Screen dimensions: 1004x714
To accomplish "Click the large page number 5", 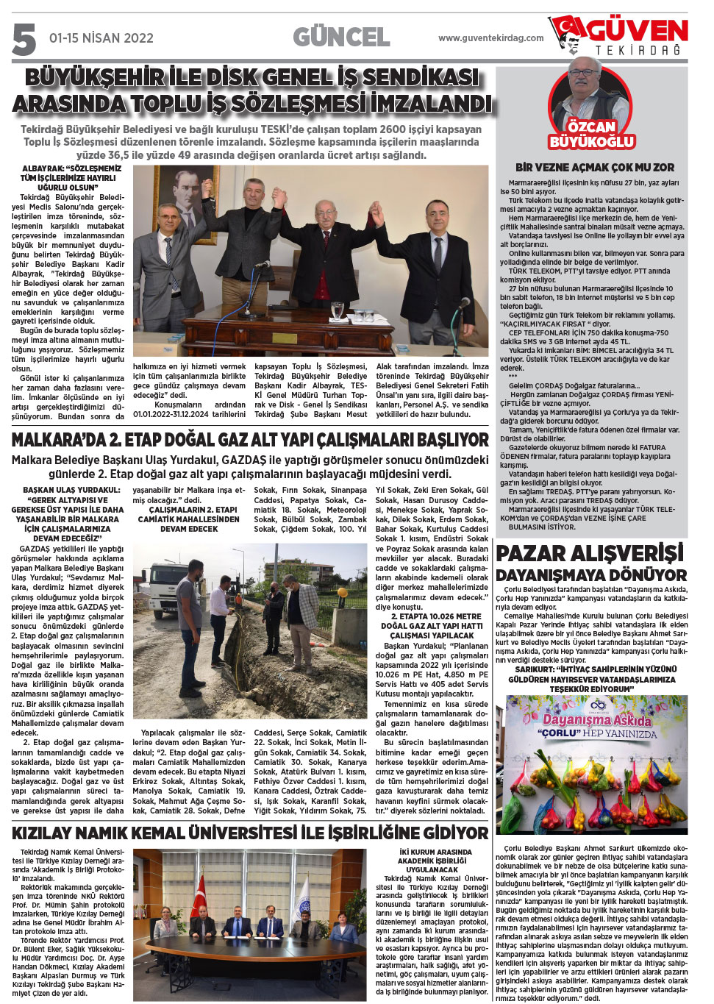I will click(24, 38).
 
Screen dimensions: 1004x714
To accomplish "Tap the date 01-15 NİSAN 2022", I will click(101, 38).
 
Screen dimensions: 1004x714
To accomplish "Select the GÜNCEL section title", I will click(341, 37).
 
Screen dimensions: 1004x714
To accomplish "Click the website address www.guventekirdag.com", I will click(490, 38).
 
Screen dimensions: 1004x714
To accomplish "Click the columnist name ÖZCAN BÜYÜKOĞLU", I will click(591, 134).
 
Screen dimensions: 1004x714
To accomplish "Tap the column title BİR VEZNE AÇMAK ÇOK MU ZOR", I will click(594, 168).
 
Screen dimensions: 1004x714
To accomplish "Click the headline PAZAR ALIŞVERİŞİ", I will click(590, 553).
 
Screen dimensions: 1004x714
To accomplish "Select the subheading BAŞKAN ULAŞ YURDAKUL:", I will click(71, 490).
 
